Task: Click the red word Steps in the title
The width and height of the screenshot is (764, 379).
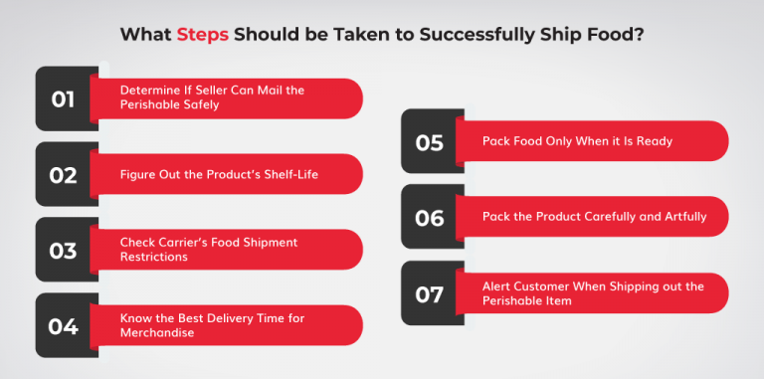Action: point(204,35)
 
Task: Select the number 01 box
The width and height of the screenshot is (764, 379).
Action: point(63,98)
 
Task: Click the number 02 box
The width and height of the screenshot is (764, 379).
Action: point(63,174)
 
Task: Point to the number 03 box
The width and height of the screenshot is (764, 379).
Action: point(63,250)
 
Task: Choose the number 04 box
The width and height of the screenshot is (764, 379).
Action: point(63,325)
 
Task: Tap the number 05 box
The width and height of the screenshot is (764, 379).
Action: point(429,141)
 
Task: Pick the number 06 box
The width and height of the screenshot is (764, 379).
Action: point(429,217)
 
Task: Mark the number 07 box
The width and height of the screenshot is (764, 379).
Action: point(429,292)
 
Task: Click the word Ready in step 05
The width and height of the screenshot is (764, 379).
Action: point(654,141)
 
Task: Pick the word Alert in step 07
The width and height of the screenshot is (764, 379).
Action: point(497,286)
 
